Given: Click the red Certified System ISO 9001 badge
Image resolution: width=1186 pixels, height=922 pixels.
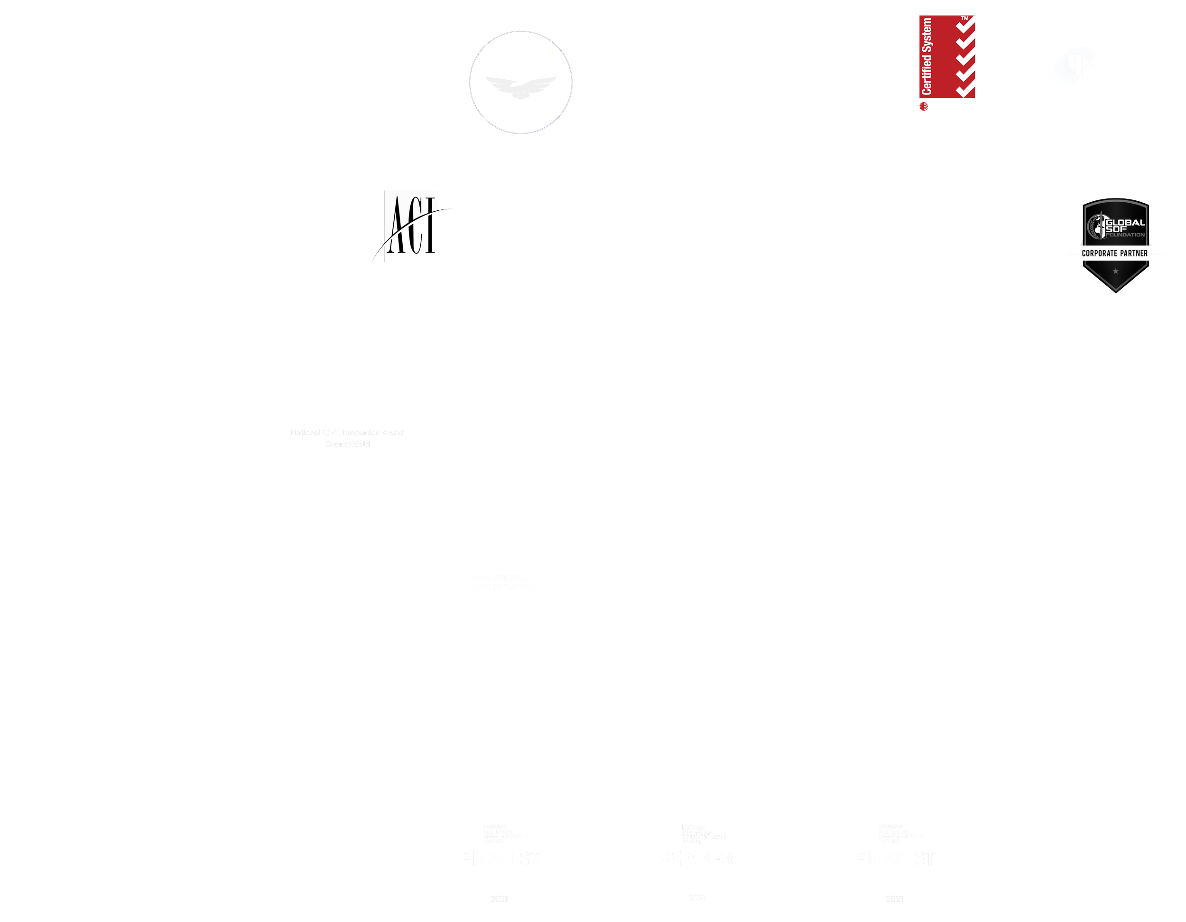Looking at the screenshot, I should point(946,57).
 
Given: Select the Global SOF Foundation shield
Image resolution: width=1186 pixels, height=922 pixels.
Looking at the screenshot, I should point(1115,245).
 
